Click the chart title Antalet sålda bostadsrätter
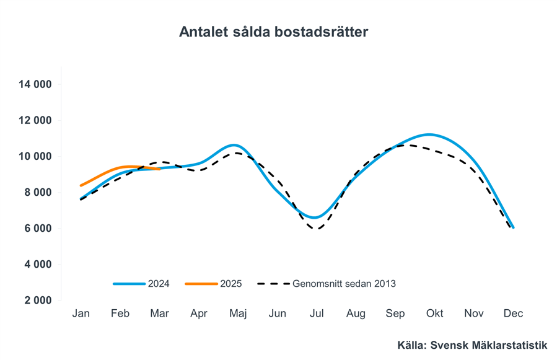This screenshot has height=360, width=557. click(273, 32)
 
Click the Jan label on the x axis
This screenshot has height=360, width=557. click(81, 314)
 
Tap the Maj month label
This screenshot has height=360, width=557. click(238, 314)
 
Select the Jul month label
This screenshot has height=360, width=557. click(317, 314)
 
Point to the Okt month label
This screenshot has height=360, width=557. click(434, 314)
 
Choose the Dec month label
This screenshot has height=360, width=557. click(513, 314)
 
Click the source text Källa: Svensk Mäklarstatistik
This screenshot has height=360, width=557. click(473, 345)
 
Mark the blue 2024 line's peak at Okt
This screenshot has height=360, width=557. click(430, 134)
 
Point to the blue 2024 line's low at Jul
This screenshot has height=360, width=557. click(315, 217)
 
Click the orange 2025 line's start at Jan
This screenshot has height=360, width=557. click(81, 185)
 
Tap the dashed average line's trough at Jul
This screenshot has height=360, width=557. click(317, 229)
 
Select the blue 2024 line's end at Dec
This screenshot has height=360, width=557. click(513, 227)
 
